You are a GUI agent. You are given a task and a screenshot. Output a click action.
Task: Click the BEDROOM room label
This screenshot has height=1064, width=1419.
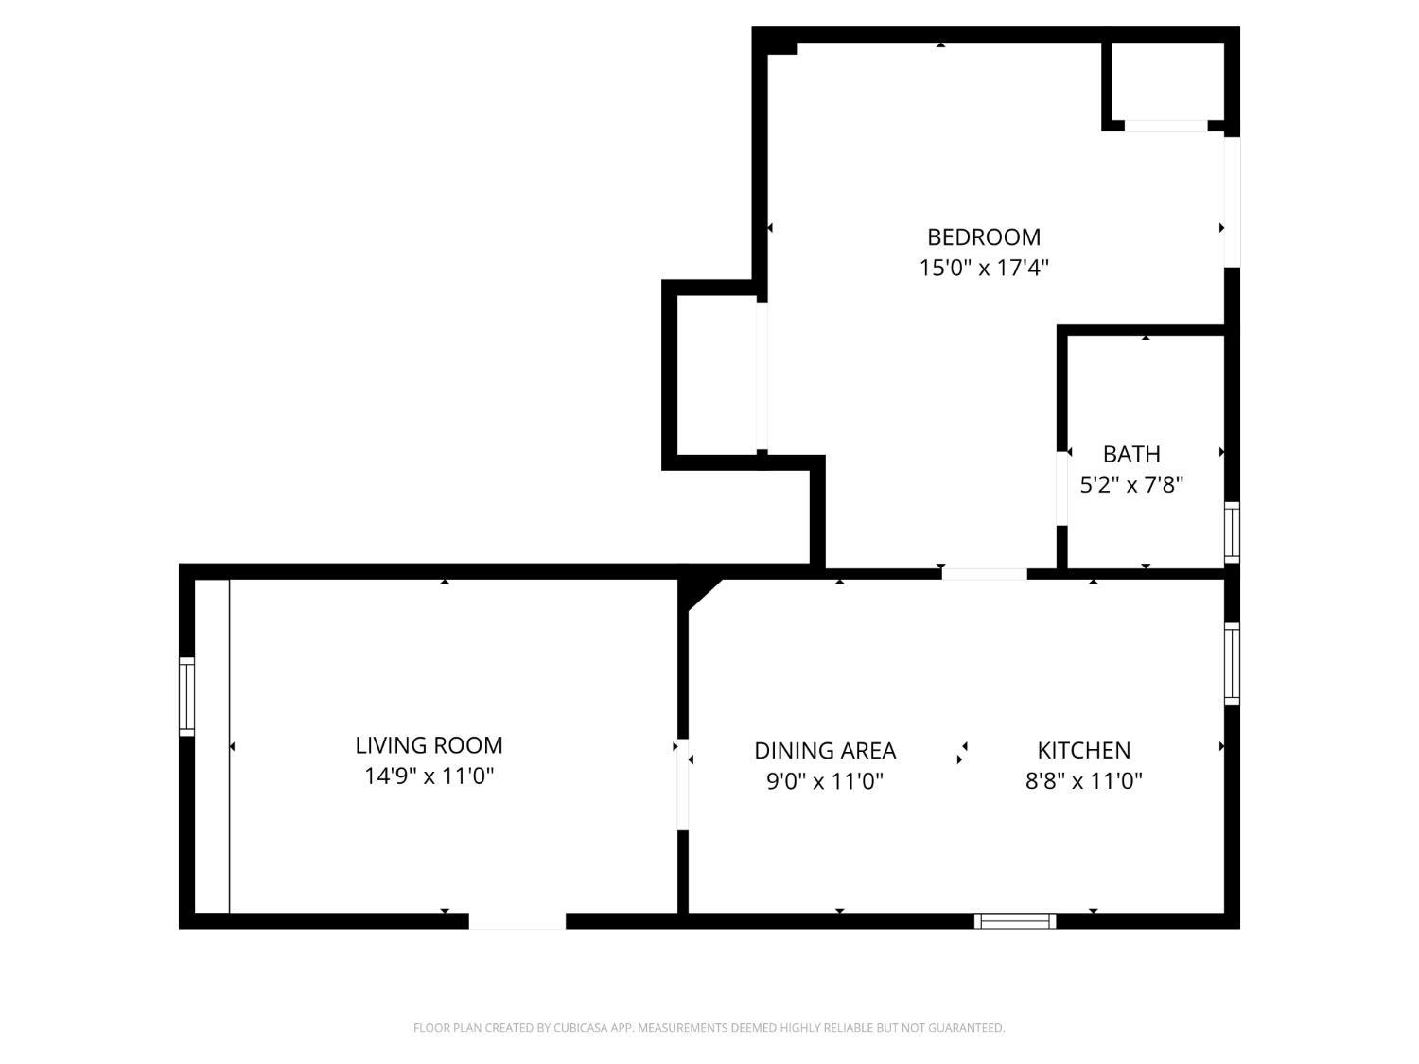[984, 236]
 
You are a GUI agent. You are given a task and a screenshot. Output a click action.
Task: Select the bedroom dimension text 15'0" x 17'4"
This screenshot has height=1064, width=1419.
[984, 268]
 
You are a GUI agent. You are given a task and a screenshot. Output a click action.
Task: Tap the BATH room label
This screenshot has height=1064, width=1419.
[1131, 454]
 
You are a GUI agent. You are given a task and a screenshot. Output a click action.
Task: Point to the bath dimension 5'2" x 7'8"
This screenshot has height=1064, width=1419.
[1131, 485]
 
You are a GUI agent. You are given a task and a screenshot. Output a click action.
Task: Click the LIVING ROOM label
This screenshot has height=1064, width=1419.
[429, 745]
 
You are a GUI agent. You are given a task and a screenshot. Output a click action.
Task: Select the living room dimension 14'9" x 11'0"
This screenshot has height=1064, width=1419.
[429, 776]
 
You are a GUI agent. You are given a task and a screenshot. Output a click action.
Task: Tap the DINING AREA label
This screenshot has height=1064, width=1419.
[824, 750]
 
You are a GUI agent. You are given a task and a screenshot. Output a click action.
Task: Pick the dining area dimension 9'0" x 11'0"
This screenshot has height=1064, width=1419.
[824, 781]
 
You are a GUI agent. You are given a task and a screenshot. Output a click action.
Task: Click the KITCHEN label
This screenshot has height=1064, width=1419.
[1083, 750]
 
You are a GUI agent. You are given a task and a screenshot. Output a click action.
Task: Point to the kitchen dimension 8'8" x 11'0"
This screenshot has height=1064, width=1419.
[1083, 781]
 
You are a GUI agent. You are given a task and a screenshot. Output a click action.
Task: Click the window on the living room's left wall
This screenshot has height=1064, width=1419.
[186, 697]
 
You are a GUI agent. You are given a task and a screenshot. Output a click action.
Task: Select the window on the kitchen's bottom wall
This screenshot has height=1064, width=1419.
[1015, 920]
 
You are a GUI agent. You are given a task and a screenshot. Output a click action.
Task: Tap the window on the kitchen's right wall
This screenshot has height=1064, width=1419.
[1232, 663]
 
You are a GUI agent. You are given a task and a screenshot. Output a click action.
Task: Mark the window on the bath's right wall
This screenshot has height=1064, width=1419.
[1232, 532]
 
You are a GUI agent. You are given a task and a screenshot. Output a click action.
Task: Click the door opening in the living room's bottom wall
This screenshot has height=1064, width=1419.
[517, 920]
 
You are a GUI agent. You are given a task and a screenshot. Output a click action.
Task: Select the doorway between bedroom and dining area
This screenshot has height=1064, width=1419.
[984, 573]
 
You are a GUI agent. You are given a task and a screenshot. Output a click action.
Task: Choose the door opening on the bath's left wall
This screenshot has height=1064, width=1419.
[1062, 488]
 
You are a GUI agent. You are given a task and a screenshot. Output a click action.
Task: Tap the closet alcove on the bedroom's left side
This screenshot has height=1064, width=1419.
[716, 375]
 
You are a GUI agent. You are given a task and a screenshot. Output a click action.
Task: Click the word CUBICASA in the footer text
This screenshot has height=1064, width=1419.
[578, 1028]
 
